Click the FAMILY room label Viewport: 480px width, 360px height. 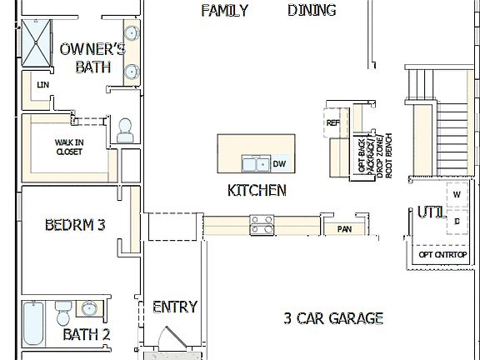(225, 10)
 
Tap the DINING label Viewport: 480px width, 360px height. (312, 10)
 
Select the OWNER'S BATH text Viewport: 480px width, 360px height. (92, 58)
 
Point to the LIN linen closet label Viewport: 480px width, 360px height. (41, 84)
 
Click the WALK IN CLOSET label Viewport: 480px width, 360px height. (69, 147)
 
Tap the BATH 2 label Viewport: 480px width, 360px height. (87, 335)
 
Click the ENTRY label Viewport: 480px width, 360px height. (175, 307)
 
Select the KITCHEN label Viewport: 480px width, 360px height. (257, 190)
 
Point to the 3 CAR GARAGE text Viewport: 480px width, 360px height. (333, 317)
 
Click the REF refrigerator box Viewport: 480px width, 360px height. (333, 123)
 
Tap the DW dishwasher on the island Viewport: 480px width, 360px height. (280, 163)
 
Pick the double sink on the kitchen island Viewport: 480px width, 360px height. (254, 162)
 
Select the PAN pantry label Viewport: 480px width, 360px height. (343, 228)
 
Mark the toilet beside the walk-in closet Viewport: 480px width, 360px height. (126, 129)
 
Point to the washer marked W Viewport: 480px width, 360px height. (457, 195)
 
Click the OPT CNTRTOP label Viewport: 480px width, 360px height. (442, 254)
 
